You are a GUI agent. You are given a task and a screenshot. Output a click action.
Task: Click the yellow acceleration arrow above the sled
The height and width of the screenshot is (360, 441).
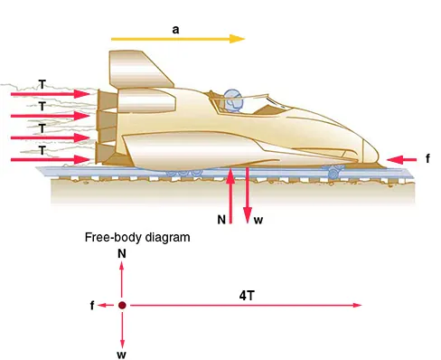177,40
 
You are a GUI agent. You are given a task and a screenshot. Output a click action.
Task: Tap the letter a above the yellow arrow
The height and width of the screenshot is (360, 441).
175,29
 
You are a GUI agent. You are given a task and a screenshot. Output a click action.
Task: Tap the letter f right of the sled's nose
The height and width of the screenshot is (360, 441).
427,159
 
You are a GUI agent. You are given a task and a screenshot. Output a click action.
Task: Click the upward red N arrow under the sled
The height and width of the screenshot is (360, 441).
233,194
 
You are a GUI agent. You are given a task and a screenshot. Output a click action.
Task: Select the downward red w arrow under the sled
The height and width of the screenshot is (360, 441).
247,194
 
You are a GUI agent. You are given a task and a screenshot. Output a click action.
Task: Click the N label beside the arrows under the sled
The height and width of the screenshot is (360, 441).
220,219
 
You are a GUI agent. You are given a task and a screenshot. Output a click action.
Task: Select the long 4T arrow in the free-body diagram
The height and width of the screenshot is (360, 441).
244,306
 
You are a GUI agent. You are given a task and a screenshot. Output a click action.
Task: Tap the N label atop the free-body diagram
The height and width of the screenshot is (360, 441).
121,256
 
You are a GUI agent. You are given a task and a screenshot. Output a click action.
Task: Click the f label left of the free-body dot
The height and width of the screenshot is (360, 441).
92,306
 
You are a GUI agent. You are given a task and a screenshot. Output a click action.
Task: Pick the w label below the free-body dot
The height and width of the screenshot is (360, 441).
121,354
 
